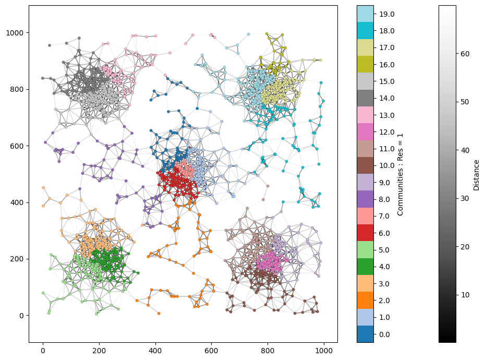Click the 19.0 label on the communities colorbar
pyautogui.click(x=384, y=14)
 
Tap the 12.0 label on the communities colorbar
pyautogui.click(x=384, y=132)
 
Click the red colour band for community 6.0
pyautogui.click(x=365, y=233)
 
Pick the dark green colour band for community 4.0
pyautogui.click(x=365, y=267)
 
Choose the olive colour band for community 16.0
pyautogui.click(x=365, y=65)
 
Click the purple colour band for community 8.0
pyautogui.click(x=365, y=199)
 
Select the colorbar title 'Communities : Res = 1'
pyautogui.click(x=400, y=174)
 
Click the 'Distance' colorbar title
pyautogui.click(x=476, y=174)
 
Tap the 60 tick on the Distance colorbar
pyautogui.click(x=465, y=53)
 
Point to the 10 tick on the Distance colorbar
pyautogui.click(x=465, y=295)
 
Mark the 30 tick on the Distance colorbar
pyautogui.click(x=465, y=198)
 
